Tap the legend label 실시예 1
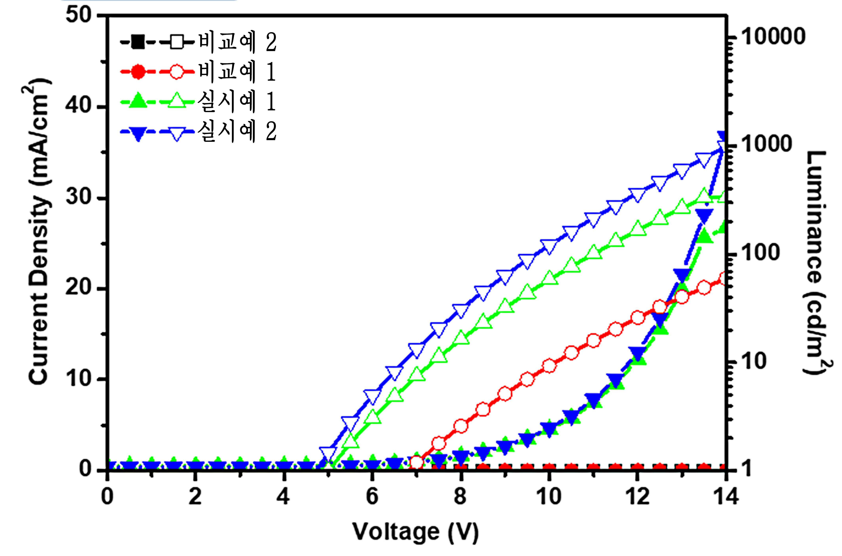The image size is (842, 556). (237, 101)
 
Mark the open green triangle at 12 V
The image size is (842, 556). (638, 227)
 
